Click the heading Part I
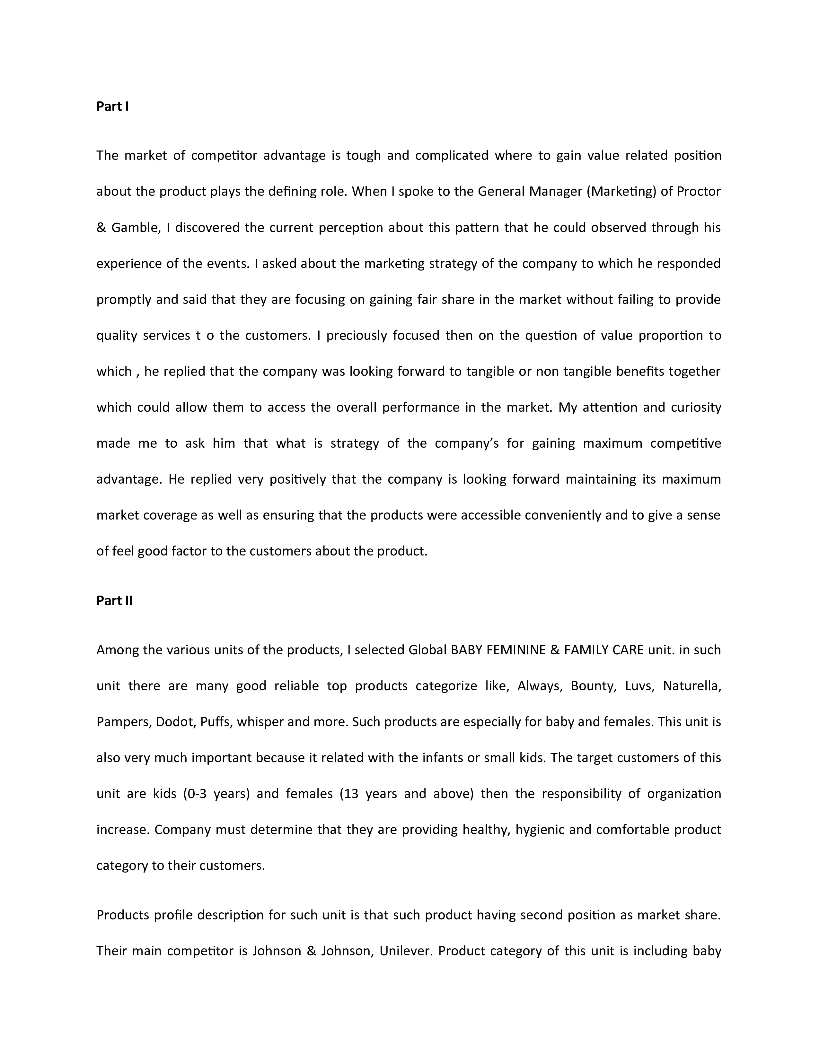[x=112, y=106]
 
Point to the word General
[x=501, y=192]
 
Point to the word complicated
[x=452, y=156]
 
